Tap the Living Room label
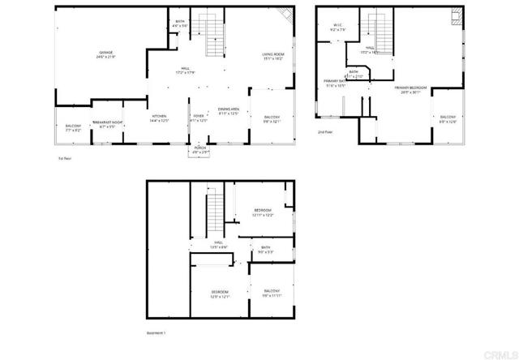pyautogui.click(x=272, y=56)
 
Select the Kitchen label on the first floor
pyautogui.click(x=159, y=118)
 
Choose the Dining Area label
pyautogui.click(x=229, y=111)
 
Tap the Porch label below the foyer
pyautogui.click(x=200, y=149)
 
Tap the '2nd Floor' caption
pyautogui.click(x=325, y=131)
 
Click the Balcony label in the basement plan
pyautogui.click(x=271, y=291)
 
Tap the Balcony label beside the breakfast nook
pyautogui.click(x=73, y=126)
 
